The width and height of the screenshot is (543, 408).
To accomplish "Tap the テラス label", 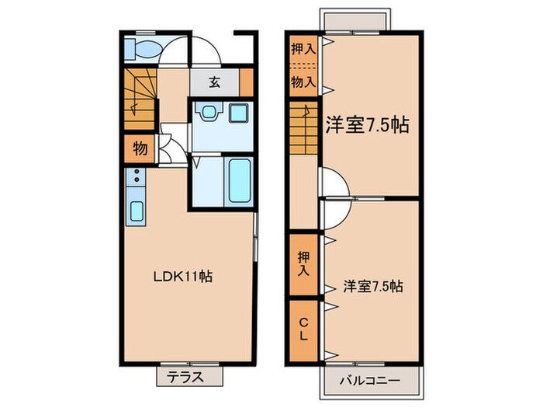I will (186, 378).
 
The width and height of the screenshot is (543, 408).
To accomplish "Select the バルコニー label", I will (370, 381).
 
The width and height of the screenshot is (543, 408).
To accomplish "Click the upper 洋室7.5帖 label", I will (367, 124).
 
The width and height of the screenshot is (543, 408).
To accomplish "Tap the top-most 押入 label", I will (303, 49).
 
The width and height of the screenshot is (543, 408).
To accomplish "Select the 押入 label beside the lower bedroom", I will (303, 262).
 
